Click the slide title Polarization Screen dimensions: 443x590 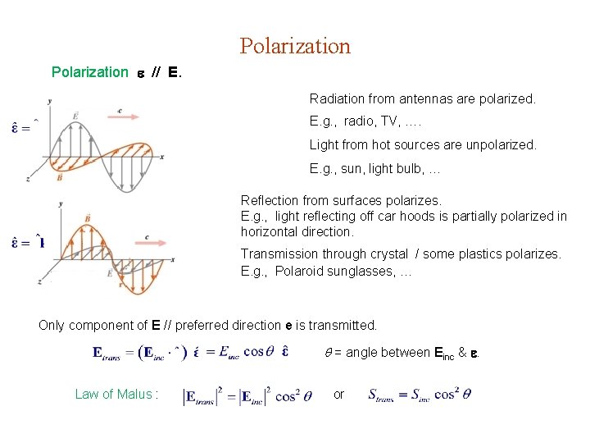click(x=295, y=46)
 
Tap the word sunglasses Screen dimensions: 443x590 click(x=363, y=271)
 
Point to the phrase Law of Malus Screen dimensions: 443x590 click(x=112, y=394)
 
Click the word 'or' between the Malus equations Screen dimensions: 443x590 click(x=339, y=394)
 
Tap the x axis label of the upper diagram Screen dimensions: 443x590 click(x=162, y=156)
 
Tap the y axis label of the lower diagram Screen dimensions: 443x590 click(x=61, y=203)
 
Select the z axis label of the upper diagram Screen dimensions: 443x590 click(x=29, y=177)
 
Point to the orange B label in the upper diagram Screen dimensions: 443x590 click(x=60, y=176)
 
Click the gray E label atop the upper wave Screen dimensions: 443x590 click(x=75, y=116)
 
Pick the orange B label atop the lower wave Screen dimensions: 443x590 click(x=88, y=217)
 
